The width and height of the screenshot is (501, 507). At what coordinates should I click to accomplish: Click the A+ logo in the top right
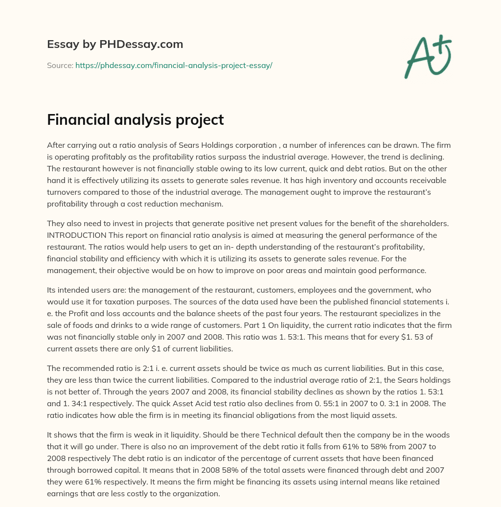[428, 56]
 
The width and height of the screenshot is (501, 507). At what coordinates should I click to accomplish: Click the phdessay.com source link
[174, 65]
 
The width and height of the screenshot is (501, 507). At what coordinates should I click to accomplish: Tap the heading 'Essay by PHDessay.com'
[115, 45]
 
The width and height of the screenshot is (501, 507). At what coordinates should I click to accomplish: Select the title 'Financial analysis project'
[136, 120]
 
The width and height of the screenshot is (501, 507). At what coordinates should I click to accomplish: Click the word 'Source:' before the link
[60, 65]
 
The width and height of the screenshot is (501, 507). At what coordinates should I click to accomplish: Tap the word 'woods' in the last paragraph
[435, 435]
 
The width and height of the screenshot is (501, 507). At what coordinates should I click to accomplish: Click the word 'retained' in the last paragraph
[425, 482]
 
